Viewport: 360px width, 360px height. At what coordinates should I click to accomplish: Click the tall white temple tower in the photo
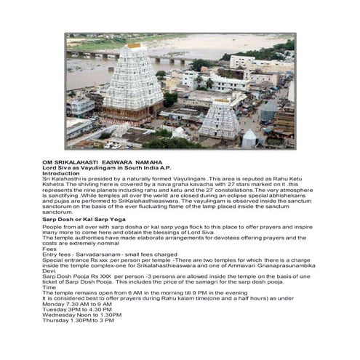[133, 87]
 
